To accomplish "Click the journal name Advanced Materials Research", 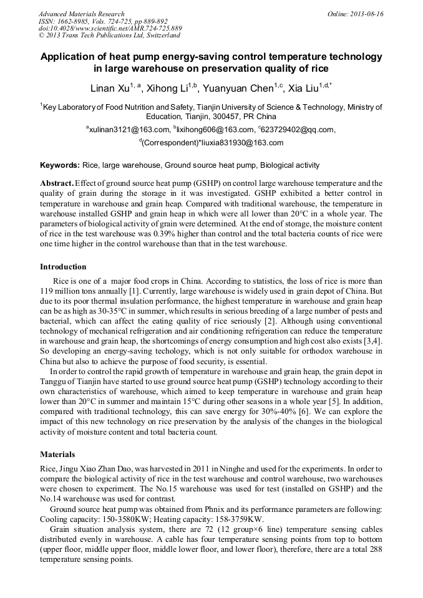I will click(81, 14).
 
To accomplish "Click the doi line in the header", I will click(110, 29).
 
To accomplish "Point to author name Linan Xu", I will click(110, 88).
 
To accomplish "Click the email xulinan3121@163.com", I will click(129, 130).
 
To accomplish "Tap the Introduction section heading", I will click(63, 267).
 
